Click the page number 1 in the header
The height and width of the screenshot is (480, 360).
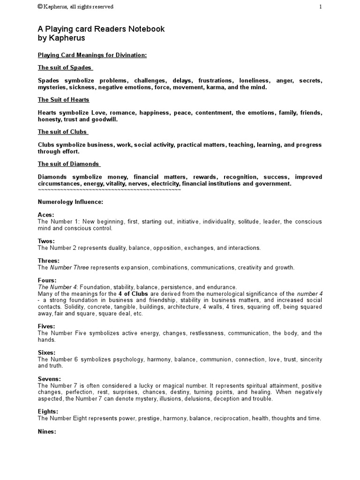coord(320,7)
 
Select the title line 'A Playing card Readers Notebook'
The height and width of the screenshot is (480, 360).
coord(101,29)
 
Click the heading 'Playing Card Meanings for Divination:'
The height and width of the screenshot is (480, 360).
coord(92,55)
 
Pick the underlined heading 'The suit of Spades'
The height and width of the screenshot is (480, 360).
coord(65,67)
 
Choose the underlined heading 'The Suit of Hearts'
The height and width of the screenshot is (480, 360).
coord(63,100)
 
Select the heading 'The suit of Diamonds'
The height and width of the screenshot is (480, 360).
coord(69,164)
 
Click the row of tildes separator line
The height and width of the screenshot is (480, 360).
coord(109,190)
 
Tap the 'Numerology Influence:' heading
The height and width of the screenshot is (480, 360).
coord(70,202)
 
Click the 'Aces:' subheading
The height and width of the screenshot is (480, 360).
coord(46,214)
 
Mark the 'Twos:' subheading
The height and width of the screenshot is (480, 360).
coord(46,241)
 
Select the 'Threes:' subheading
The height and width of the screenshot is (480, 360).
coord(49,261)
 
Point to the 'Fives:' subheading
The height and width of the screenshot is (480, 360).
coord(46,326)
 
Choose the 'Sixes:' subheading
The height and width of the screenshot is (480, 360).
coord(47,352)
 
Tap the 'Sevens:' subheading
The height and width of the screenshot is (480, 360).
coord(49,379)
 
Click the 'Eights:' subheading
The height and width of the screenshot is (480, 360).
coord(48,412)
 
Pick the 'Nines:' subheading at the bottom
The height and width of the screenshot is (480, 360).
coord(47,431)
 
